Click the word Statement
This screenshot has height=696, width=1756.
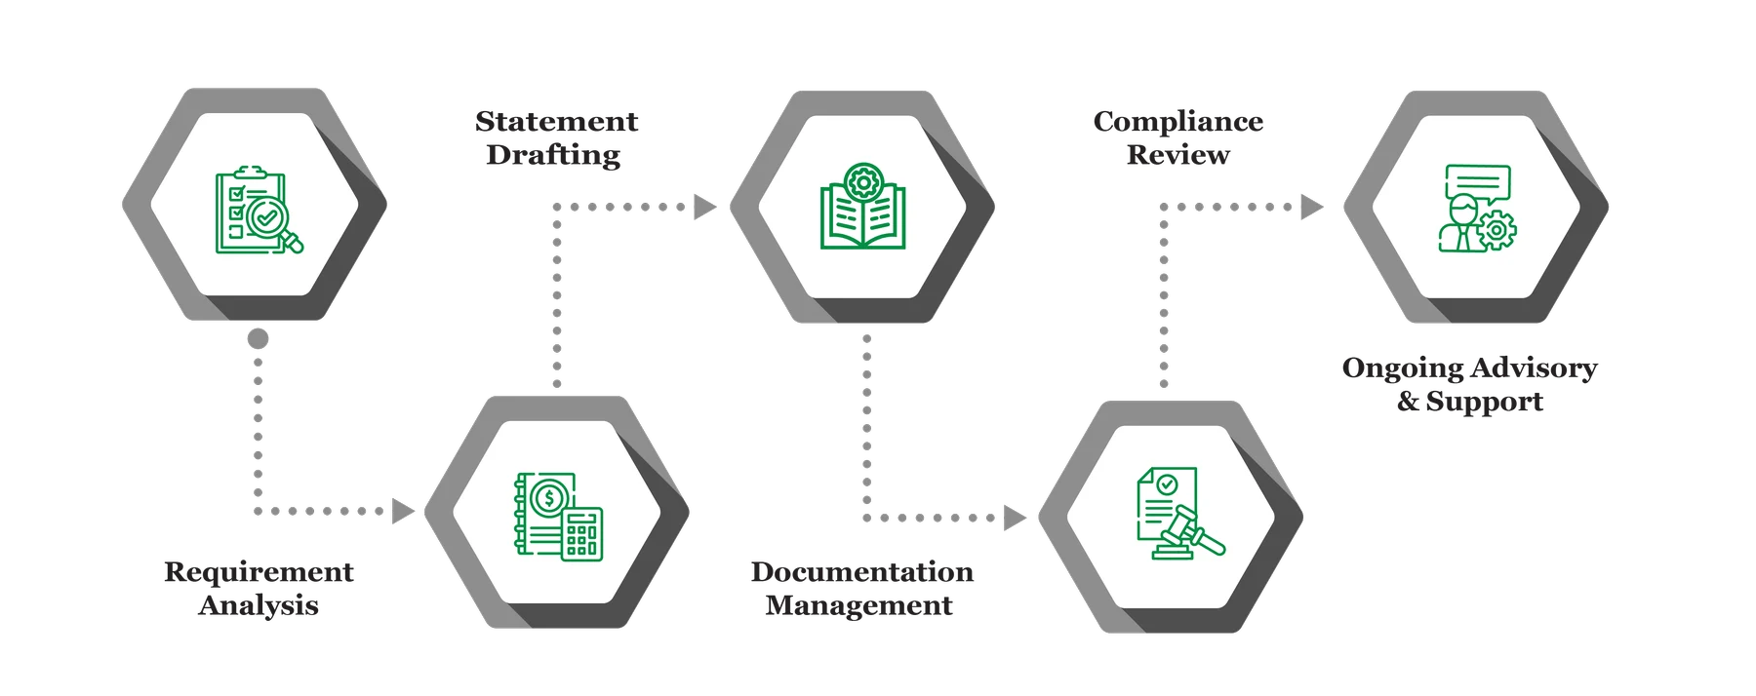(556, 121)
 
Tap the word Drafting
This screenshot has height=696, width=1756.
(553, 155)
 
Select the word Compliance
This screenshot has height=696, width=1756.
(1177, 122)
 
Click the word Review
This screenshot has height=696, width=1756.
(1177, 154)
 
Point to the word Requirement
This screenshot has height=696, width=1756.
(259, 572)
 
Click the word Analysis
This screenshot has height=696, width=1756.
(259, 605)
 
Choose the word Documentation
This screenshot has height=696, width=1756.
(861, 571)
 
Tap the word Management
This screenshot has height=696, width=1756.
(858, 605)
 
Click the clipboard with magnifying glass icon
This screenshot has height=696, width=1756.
(259, 211)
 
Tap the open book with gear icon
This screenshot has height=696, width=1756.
(862, 206)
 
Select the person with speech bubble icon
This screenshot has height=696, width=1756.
(1477, 208)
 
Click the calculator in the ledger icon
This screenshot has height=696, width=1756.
(582, 534)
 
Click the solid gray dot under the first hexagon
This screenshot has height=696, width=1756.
(258, 338)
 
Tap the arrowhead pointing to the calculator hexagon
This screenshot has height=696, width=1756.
(402, 511)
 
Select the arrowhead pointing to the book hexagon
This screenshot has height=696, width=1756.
(704, 207)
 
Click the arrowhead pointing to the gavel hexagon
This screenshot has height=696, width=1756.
(1015, 518)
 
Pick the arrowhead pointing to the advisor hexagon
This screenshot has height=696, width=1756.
(1312, 207)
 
